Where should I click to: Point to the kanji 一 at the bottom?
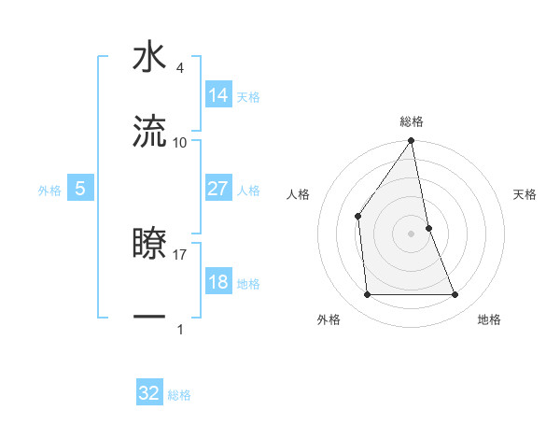pos(149,318)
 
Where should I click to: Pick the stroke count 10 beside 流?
pos(180,142)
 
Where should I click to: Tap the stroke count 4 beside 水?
pos(179,67)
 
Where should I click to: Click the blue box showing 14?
pos(218,95)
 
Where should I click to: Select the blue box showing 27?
pos(218,189)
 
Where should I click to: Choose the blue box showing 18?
pos(218,282)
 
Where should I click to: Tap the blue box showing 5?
pos(80,189)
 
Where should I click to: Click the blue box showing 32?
pos(149,393)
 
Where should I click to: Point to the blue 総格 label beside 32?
pos(179,395)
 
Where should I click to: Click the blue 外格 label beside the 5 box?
pos(49,191)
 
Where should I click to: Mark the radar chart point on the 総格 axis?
pos(412,141)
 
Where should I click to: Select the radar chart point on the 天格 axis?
pos(428,228)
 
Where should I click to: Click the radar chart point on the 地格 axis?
pos(455,295)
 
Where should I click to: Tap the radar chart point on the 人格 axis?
pos(358,217)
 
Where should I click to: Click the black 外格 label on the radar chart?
pos(329,320)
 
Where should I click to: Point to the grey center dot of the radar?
pos(412,234)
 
